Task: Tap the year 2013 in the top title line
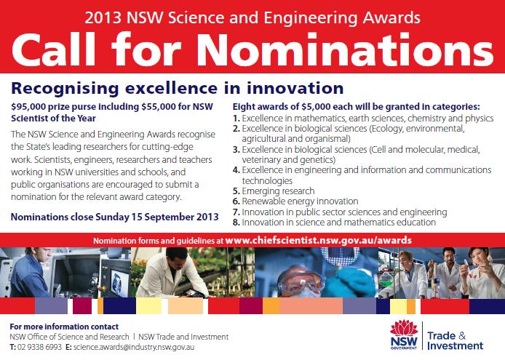103,17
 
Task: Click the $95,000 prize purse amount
28,107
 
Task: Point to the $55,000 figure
158,107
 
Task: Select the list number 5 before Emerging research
236,191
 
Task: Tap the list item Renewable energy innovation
300,201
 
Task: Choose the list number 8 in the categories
236,223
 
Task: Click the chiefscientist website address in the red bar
318,241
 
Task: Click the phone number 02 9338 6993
39,347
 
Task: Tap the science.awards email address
134,347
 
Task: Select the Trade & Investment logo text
455,340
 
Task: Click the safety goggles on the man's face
301,282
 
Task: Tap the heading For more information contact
64,327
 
